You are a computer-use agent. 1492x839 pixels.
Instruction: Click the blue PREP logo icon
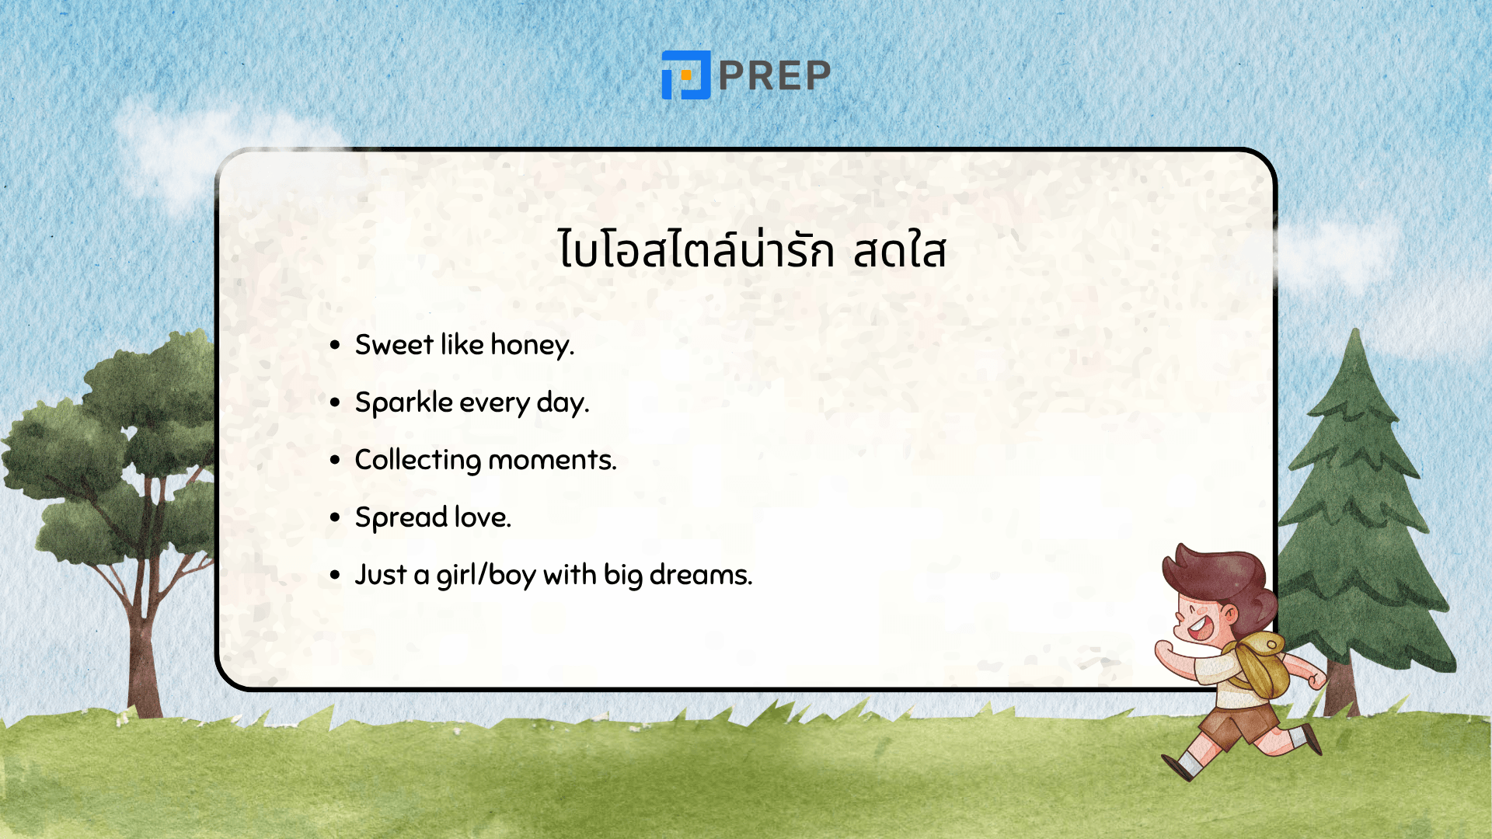(x=685, y=75)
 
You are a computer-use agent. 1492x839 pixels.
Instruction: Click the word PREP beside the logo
(x=775, y=75)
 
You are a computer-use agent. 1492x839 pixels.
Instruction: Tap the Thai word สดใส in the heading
(x=899, y=251)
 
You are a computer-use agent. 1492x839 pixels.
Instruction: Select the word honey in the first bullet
(x=532, y=345)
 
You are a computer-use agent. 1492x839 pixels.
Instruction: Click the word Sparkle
(x=403, y=402)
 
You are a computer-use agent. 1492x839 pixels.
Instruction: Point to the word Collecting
(x=417, y=460)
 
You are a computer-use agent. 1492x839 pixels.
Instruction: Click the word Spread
(x=400, y=517)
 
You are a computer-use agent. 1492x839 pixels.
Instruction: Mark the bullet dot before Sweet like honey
(x=335, y=345)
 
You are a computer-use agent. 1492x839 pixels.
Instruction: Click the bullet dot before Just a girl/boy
(x=335, y=575)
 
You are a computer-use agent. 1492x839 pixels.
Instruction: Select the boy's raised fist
(x=1163, y=651)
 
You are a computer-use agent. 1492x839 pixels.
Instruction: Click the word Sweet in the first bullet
(x=394, y=345)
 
